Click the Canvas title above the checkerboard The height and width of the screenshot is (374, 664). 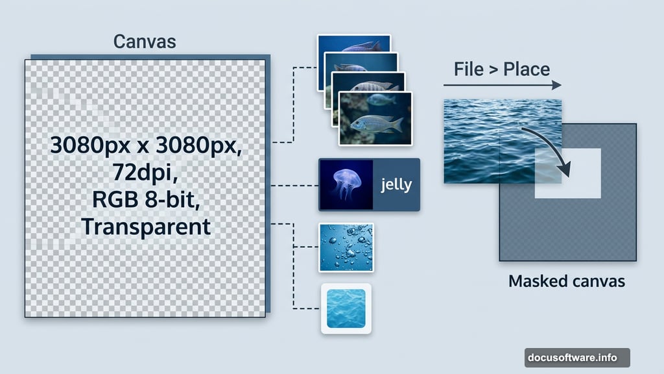point(144,42)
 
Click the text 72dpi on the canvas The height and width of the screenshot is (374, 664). point(145,175)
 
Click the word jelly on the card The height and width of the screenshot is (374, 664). point(396,184)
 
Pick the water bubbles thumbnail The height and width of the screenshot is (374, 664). point(346,247)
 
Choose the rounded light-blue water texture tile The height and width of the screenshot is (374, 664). point(346,308)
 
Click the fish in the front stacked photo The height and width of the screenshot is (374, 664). point(376,123)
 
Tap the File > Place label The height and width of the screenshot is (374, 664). point(502,69)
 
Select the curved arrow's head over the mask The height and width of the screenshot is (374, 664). point(564,170)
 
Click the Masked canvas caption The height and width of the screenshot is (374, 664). point(566,282)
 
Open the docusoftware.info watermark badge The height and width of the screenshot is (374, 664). point(576,357)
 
